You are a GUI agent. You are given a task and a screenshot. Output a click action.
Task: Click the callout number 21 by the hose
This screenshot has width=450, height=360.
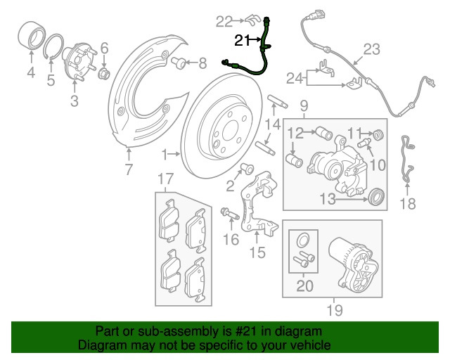point(243,41)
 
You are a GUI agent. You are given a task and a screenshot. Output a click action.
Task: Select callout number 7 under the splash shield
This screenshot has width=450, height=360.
point(129,169)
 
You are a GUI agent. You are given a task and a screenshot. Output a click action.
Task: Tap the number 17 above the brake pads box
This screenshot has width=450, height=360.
point(164,179)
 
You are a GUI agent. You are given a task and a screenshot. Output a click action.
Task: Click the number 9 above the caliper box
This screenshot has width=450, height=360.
point(304,106)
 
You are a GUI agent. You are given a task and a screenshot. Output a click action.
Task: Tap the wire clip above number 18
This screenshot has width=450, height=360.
point(406,162)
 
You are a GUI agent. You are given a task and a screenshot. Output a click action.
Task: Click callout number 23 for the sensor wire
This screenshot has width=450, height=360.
point(371,49)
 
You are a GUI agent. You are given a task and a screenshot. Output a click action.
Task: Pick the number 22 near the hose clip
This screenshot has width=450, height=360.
point(224,20)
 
